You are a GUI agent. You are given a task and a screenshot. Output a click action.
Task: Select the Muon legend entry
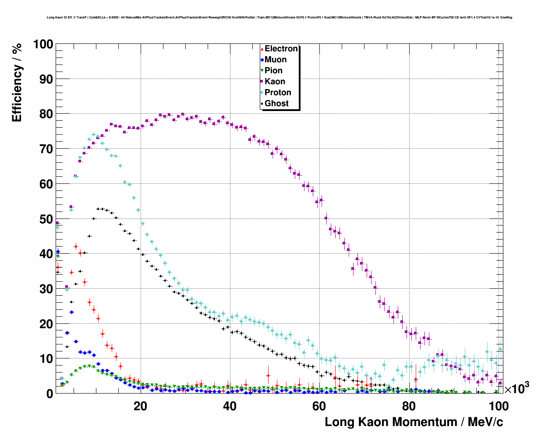(276, 60)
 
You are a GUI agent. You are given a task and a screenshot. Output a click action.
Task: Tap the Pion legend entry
(273, 71)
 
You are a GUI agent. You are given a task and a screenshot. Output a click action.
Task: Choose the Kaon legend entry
(275, 82)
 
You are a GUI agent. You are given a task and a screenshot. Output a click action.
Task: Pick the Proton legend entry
(278, 93)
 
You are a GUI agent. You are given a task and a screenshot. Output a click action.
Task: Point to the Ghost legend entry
(276, 104)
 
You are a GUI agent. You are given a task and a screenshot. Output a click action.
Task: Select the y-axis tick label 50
(46, 219)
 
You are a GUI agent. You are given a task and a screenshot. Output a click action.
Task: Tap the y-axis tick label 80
(46, 114)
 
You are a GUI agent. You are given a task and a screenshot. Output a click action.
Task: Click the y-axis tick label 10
(46, 359)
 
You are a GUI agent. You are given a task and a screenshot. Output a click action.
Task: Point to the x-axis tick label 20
(140, 406)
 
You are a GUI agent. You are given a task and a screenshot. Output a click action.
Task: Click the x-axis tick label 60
(319, 406)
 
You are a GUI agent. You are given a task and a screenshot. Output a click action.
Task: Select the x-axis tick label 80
(409, 406)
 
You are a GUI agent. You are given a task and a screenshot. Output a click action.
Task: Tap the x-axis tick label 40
(230, 406)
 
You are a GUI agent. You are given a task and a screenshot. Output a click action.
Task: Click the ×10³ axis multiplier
(517, 388)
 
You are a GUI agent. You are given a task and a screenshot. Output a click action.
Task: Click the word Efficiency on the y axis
(17, 94)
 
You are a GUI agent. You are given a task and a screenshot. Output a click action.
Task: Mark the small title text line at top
(279, 18)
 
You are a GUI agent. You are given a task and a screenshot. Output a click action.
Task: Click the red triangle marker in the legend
(262, 49)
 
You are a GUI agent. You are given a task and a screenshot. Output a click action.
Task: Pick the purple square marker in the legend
(262, 82)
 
